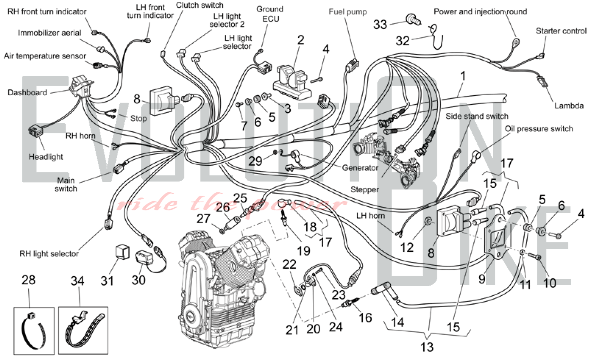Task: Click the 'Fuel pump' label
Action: pyautogui.click(x=348, y=12)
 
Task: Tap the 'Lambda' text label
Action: pyautogui.click(x=569, y=106)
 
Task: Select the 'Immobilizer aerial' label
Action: pyautogui.click(x=49, y=33)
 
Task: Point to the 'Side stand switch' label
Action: pyautogui.click(x=477, y=116)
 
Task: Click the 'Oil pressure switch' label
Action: pyautogui.click(x=539, y=129)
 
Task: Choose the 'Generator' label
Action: pyautogui.click(x=360, y=168)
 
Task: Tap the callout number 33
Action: pyautogui.click(x=380, y=24)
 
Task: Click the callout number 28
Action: pyautogui.click(x=29, y=280)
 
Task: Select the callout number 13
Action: pyautogui.click(x=427, y=347)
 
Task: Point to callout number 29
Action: pyautogui.click(x=255, y=161)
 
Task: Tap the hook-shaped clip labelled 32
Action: pyautogui.click(x=437, y=37)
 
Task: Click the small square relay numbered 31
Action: pyautogui.click(x=122, y=252)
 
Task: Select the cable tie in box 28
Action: pyautogui.click(x=34, y=330)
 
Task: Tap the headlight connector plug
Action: pyautogui.click(x=35, y=131)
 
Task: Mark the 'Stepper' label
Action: pyautogui.click(x=365, y=189)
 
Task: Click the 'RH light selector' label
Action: pyautogui.click(x=49, y=254)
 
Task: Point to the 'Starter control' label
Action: pyautogui.click(x=561, y=31)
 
